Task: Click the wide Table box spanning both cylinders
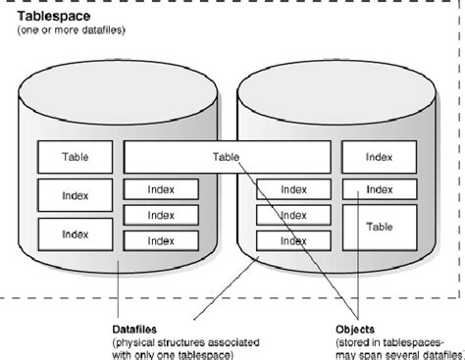[227, 157]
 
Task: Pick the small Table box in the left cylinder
[74, 157]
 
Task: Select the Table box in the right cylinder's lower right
[379, 226]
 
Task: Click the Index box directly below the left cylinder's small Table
[74, 195]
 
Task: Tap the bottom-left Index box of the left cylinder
[74, 234]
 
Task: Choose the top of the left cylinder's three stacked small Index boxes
[161, 189]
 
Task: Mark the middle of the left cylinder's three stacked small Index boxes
[161, 214]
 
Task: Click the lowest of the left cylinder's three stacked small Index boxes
[161, 238]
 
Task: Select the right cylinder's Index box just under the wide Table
[293, 189]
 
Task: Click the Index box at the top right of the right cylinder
[379, 157]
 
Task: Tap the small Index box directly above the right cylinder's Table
[379, 189]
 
